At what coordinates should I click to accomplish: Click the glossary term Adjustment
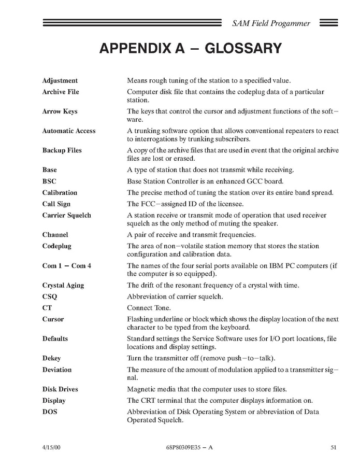(x=60, y=81)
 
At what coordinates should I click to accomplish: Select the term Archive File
(x=60, y=92)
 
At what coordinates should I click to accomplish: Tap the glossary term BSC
(x=49, y=181)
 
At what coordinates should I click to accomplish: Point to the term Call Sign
(x=56, y=204)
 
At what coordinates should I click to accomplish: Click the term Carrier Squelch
(x=66, y=216)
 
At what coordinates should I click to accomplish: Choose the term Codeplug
(x=56, y=246)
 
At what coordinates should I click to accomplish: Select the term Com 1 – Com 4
(x=66, y=266)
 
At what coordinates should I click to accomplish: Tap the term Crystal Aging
(x=63, y=286)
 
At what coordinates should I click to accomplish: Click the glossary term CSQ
(x=49, y=297)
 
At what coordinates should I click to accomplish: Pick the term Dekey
(x=52, y=358)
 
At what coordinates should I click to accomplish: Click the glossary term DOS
(x=50, y=412)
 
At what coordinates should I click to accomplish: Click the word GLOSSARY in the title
(x=243, y=49)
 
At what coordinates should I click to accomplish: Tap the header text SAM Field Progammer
(x=271, y=23)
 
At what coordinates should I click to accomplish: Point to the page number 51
(x=334, y=447)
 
